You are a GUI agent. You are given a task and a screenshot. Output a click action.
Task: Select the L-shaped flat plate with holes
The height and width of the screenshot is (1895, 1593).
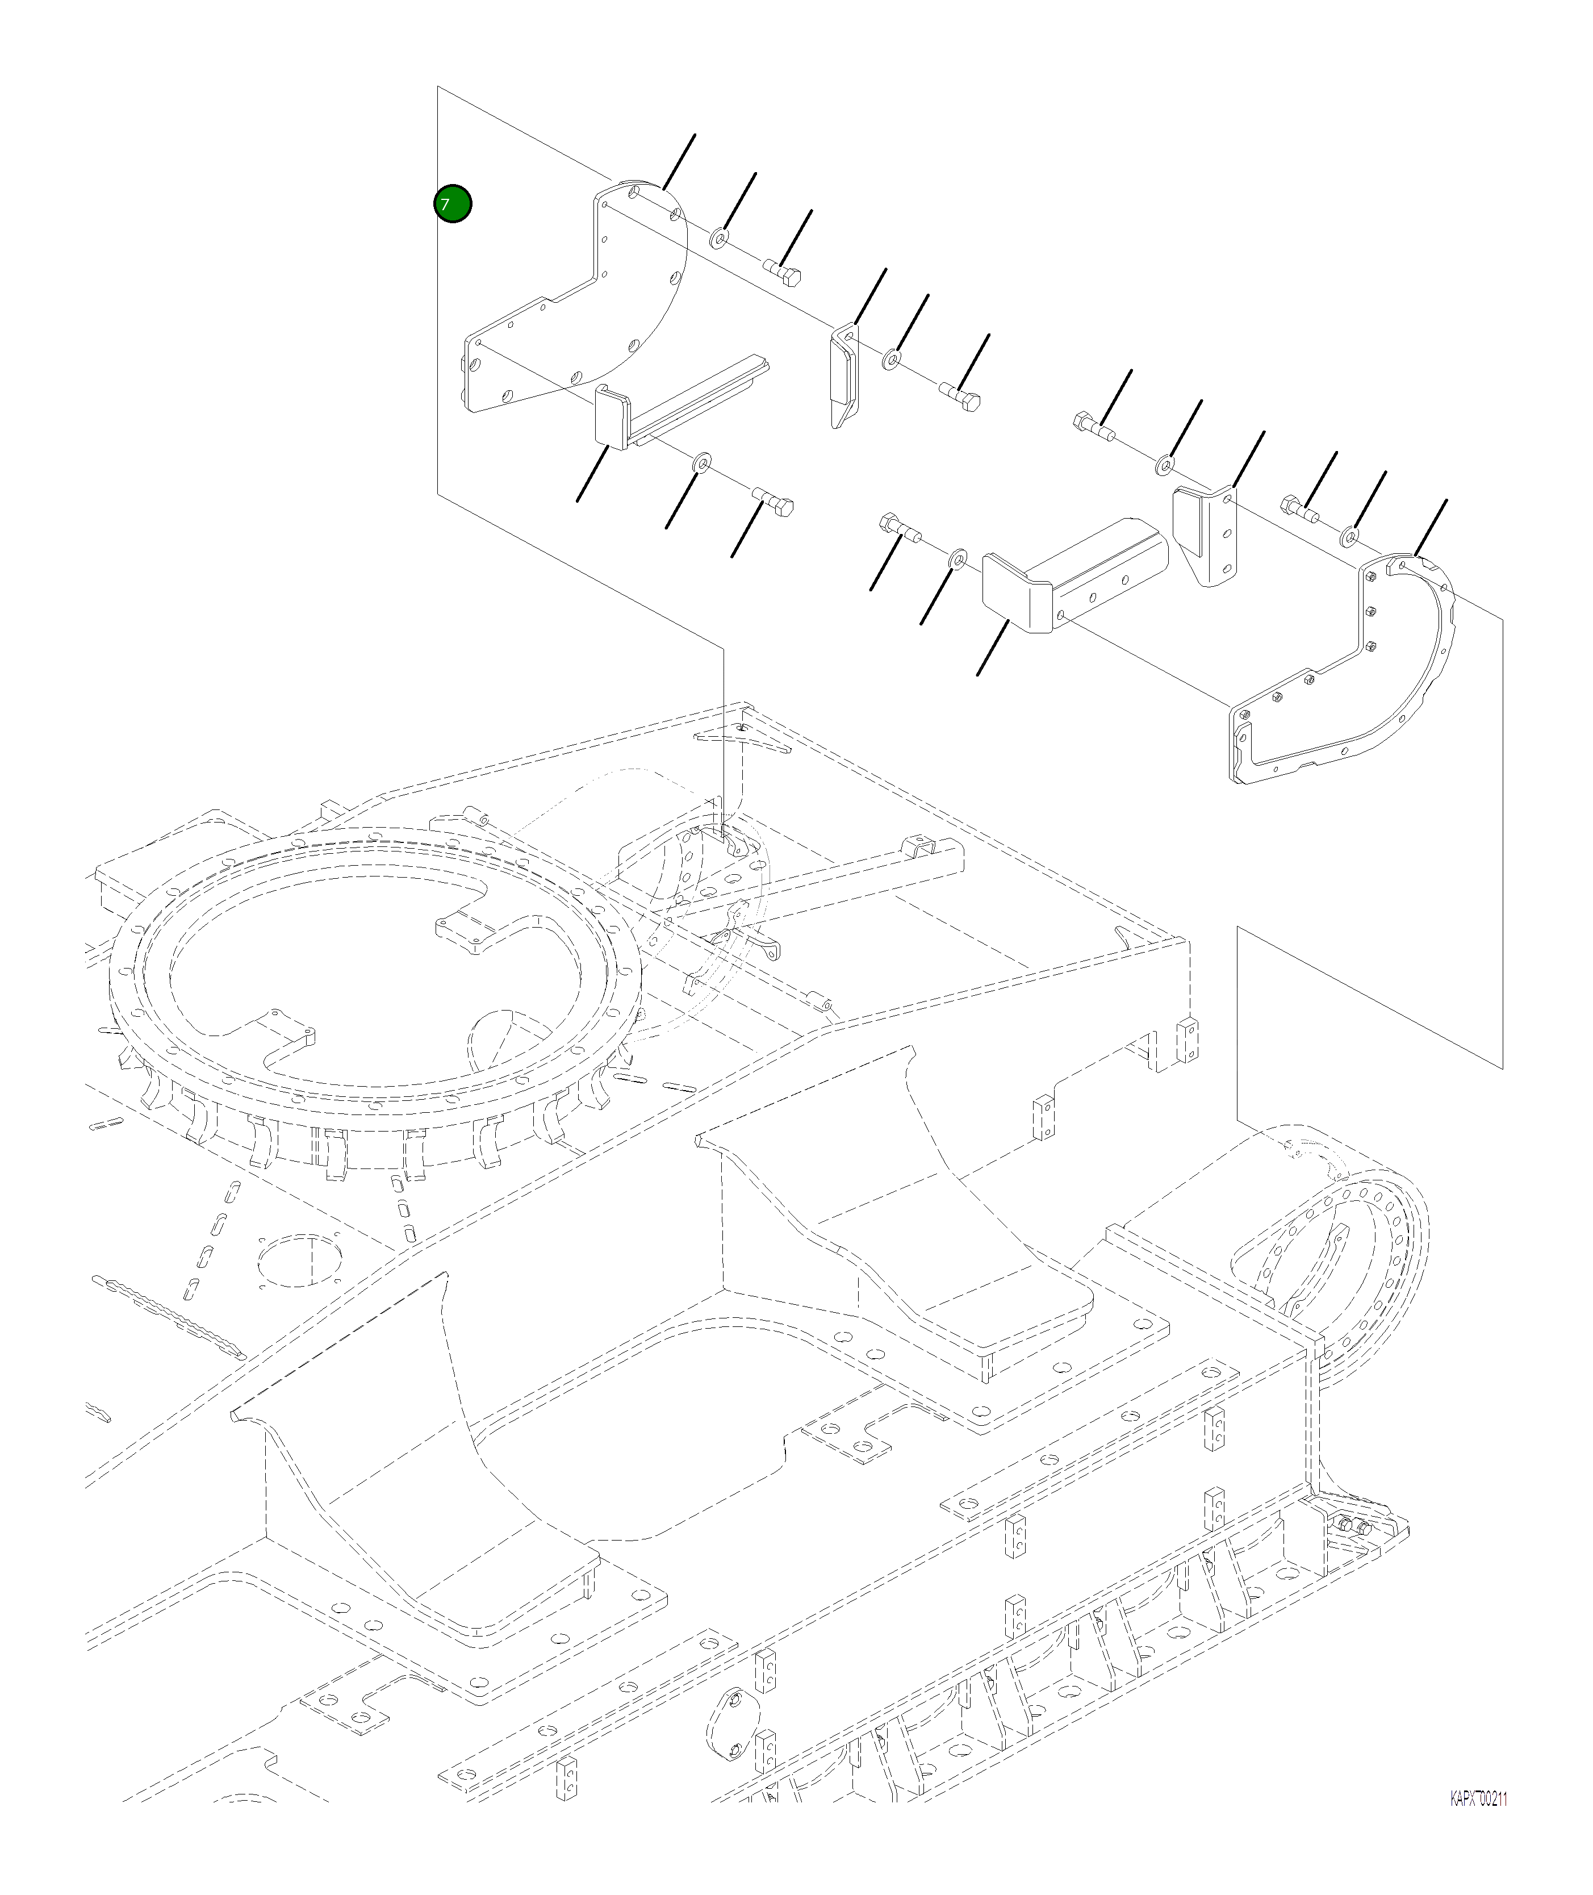pos(578,307)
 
